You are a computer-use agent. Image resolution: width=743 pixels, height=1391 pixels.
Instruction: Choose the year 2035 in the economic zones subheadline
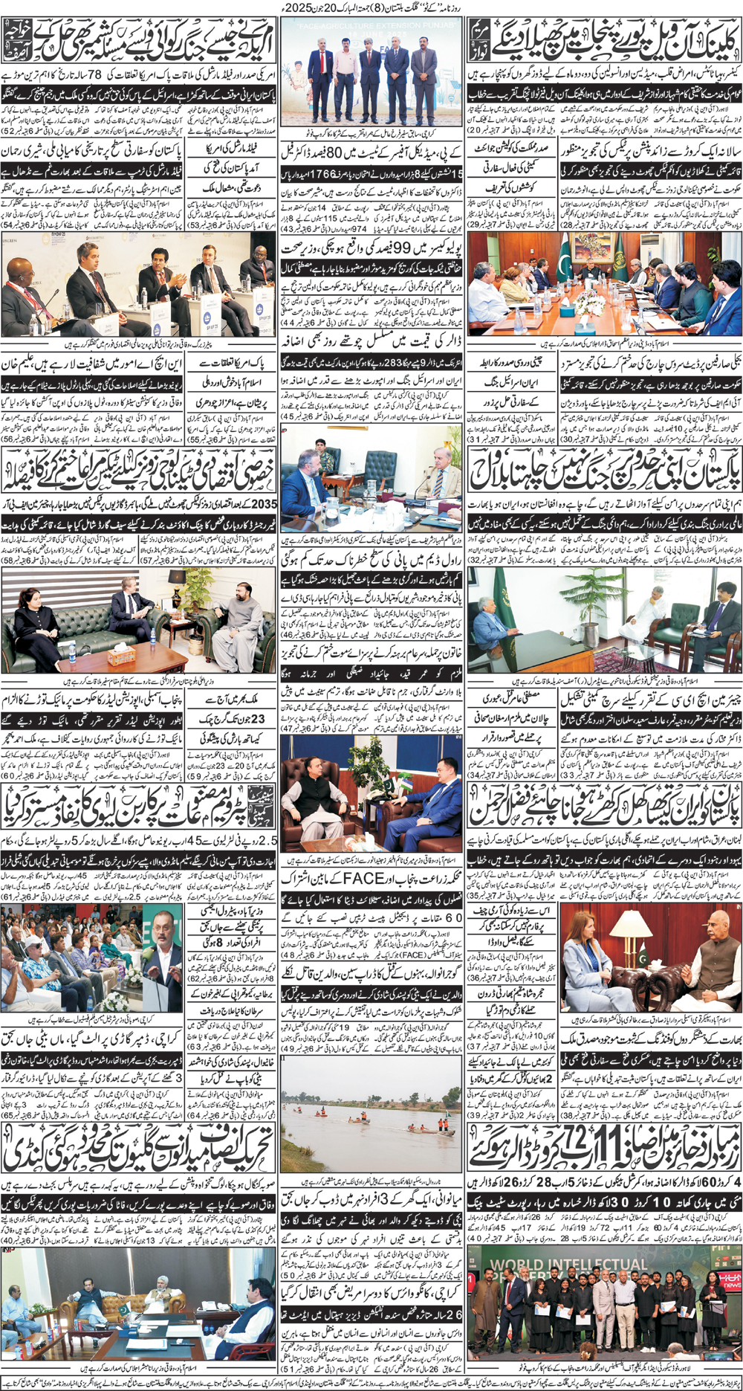[x=265, y=504]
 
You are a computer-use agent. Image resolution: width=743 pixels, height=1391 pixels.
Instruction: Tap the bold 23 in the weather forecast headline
[x=257, y=719]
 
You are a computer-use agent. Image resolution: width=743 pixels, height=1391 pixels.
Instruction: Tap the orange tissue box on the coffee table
[x=121, y=656]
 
